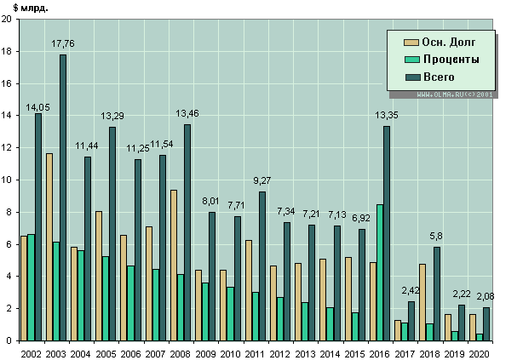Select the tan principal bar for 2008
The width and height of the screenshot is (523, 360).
pyautogui.click(x=173, y=265)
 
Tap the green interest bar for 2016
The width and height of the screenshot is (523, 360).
pyautogui.click(x=379, y=272)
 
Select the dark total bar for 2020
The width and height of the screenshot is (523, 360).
pyautogui.click(x=487, y=323)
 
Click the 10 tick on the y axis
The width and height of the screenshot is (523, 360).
pyautogui.click(x=8, y=180)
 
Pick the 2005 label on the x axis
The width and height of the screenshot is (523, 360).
pyautogui.click(x=106, y=351)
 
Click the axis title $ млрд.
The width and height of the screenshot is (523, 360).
pyautogui.click(x=30, y=8)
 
